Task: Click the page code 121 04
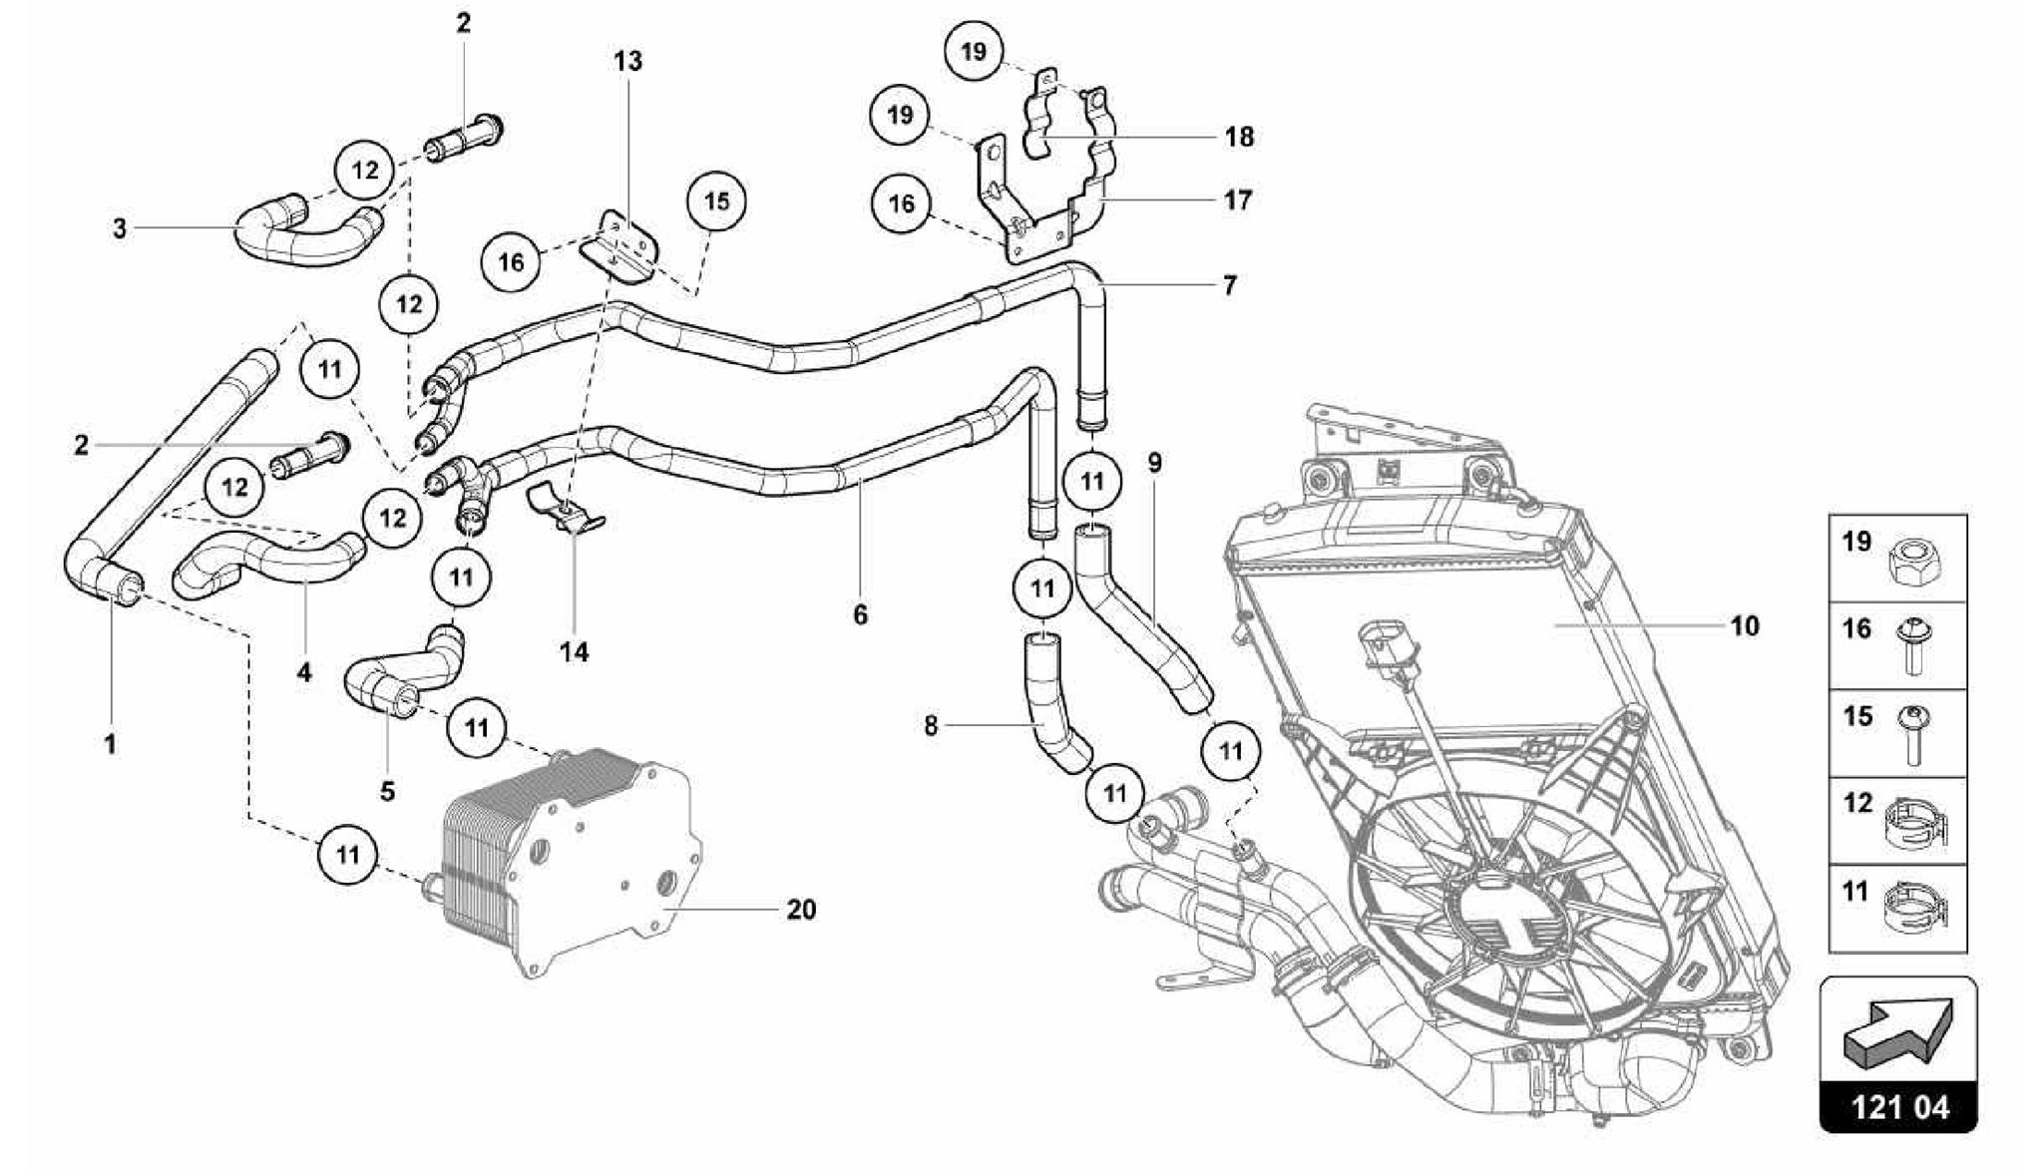[x=1898, y=1107]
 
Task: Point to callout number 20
[x=801, y=910]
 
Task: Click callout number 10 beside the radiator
[x=1744, y=626]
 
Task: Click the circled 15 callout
[x=716, y=201]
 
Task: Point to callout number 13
[x=627, y=61]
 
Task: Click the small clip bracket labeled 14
[x=566, y=510]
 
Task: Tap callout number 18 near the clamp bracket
[x=1238, y=136]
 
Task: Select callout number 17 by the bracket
[x=1237, y=200]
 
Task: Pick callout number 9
[x=1154, y=462]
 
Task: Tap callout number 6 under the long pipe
[x=860, y=614]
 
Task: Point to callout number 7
[x=1229, y=285]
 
